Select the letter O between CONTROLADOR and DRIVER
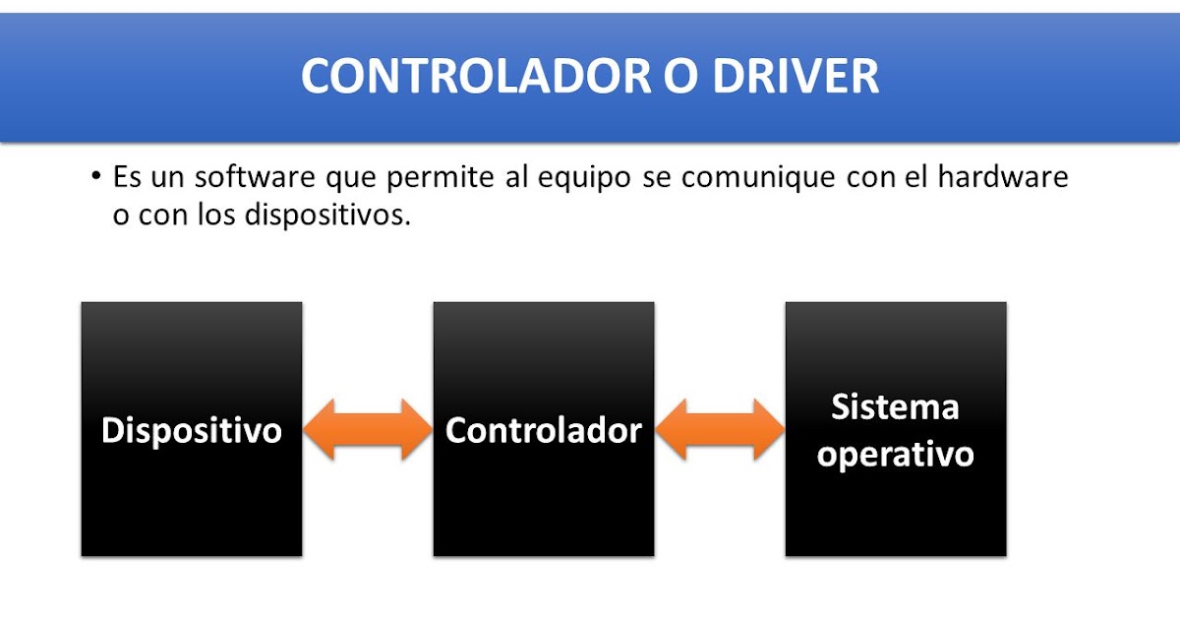pos(678,77)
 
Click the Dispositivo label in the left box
pos(192,430)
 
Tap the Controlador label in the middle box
pos(544,430)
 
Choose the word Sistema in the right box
pos(895,406)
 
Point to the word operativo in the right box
pos(896,455)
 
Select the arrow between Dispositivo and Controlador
pos(368,430)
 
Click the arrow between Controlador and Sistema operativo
pos(720,430)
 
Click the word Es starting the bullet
pos(127,178)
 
